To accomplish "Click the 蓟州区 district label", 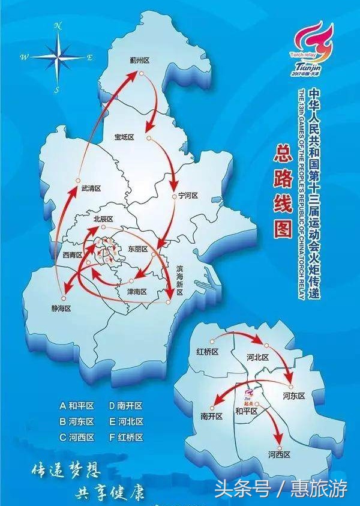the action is [x=140, y=60].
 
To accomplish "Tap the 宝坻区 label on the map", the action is [x=124, y=137].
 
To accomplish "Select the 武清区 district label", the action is [x=91, y=188].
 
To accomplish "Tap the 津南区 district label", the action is [x=137, y=291].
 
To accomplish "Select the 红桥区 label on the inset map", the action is [x=208, y=351].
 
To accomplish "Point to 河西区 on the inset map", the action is [x=280, y=454].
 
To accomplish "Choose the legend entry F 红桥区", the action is [x=127, y=438].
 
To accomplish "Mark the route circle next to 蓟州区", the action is [x=142, y=74].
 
